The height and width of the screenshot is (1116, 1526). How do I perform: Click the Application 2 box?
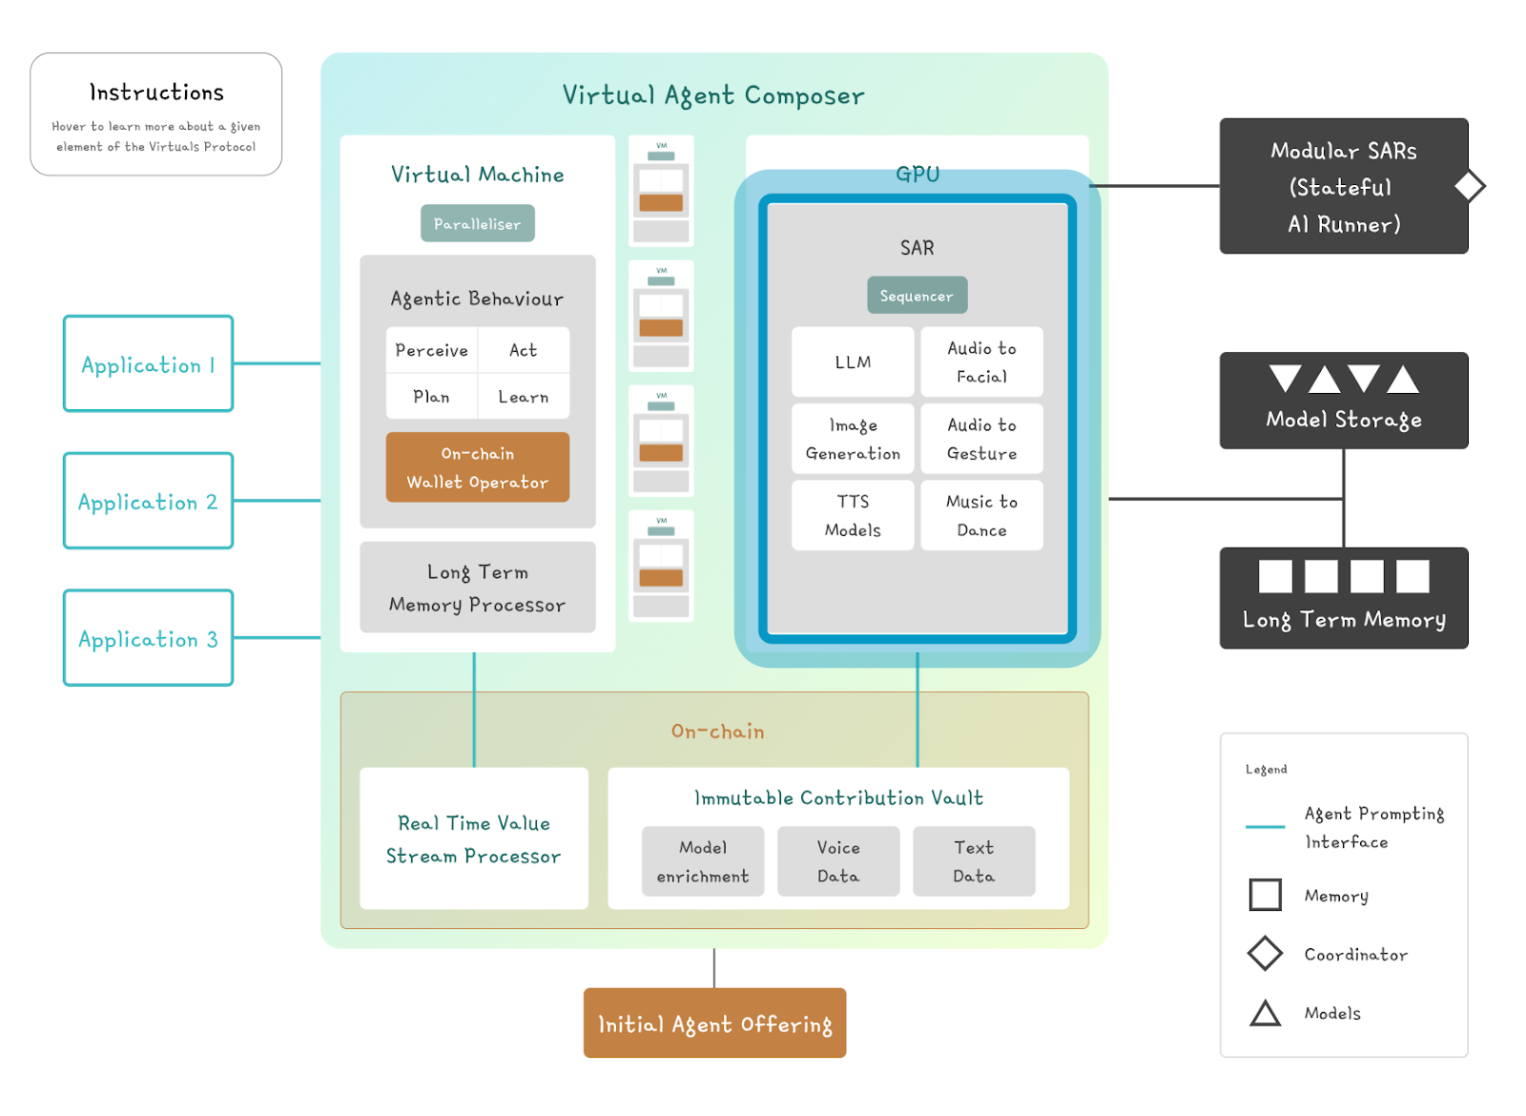148,501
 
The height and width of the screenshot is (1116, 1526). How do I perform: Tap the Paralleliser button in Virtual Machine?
477,223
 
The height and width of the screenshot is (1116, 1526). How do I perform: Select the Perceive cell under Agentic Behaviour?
431,350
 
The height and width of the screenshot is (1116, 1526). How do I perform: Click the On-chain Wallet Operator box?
477,467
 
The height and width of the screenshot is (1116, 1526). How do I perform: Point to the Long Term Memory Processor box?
477,588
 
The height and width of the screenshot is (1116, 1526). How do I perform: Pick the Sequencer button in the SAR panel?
917,296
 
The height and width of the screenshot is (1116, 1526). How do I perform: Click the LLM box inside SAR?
853,362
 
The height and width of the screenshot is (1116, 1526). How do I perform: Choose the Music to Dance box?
981,515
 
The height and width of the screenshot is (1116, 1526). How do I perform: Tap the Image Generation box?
853,439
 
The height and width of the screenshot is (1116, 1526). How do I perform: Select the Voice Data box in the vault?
837,861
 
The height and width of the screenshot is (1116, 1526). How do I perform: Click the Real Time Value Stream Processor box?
473,838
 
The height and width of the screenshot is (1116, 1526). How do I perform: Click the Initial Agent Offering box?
714,1023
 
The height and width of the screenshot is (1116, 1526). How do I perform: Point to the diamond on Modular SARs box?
1470,186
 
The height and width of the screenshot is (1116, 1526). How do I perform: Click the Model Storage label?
1343,420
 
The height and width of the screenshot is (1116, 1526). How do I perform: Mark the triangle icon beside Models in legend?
1265,1013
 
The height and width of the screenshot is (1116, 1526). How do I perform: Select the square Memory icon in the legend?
1265,895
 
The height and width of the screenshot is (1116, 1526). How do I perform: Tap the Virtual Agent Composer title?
713,95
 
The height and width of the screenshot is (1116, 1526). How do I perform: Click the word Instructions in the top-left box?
156,93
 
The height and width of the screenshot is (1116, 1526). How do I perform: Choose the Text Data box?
973,861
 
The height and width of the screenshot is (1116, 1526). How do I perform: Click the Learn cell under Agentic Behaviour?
523,397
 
